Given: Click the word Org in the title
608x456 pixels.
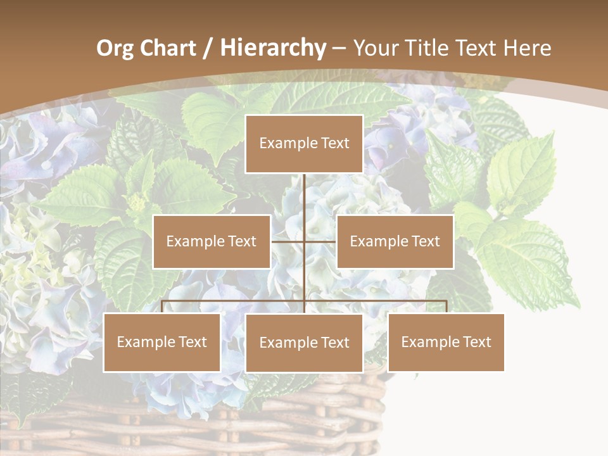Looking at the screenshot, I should (x=115, y=48).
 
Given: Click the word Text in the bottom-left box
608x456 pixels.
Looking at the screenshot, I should (x=193, y=342).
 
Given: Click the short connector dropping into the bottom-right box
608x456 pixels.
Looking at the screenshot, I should (x=446, y=307).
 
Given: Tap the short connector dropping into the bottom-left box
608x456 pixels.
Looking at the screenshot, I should (x=162, y=307).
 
